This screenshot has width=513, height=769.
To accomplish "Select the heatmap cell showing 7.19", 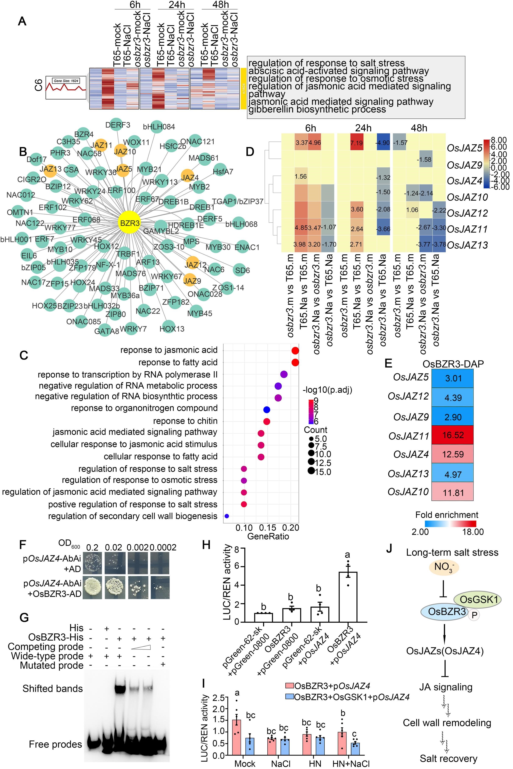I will [x=357, y=143].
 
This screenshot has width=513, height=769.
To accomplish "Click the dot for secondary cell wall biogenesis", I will [x=227, y=516].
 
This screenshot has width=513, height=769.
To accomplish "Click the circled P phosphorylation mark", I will [x=474, y=615].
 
